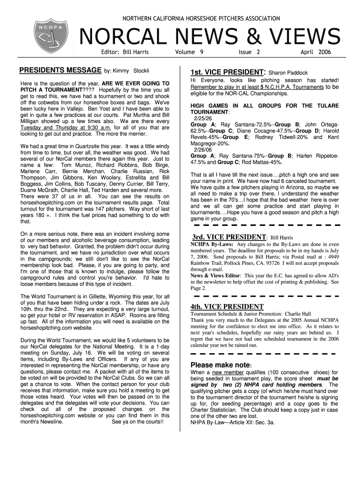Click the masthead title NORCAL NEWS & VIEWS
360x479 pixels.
pos(210,37)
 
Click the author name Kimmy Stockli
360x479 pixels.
pos(130,71)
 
